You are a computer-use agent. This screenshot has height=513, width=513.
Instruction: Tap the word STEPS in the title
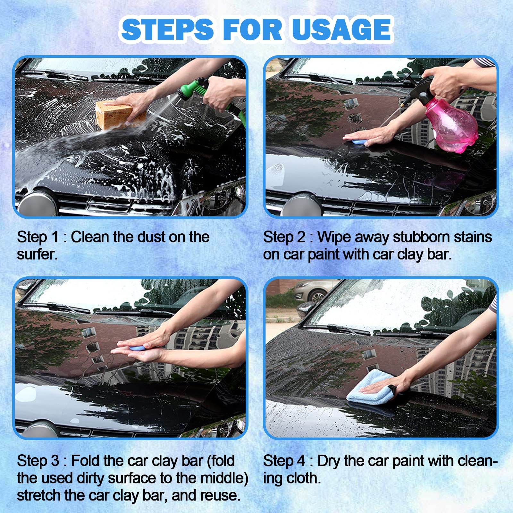[x=167, y=29]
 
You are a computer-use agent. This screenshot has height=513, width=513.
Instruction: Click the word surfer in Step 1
[x=37, y=255]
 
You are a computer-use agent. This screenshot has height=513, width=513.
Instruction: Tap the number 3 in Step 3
[x=55, y=461]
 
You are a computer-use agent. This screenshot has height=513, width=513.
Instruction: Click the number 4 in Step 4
[x=301, y=461]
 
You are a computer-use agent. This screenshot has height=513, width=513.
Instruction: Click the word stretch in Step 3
[x=39, y=496]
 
